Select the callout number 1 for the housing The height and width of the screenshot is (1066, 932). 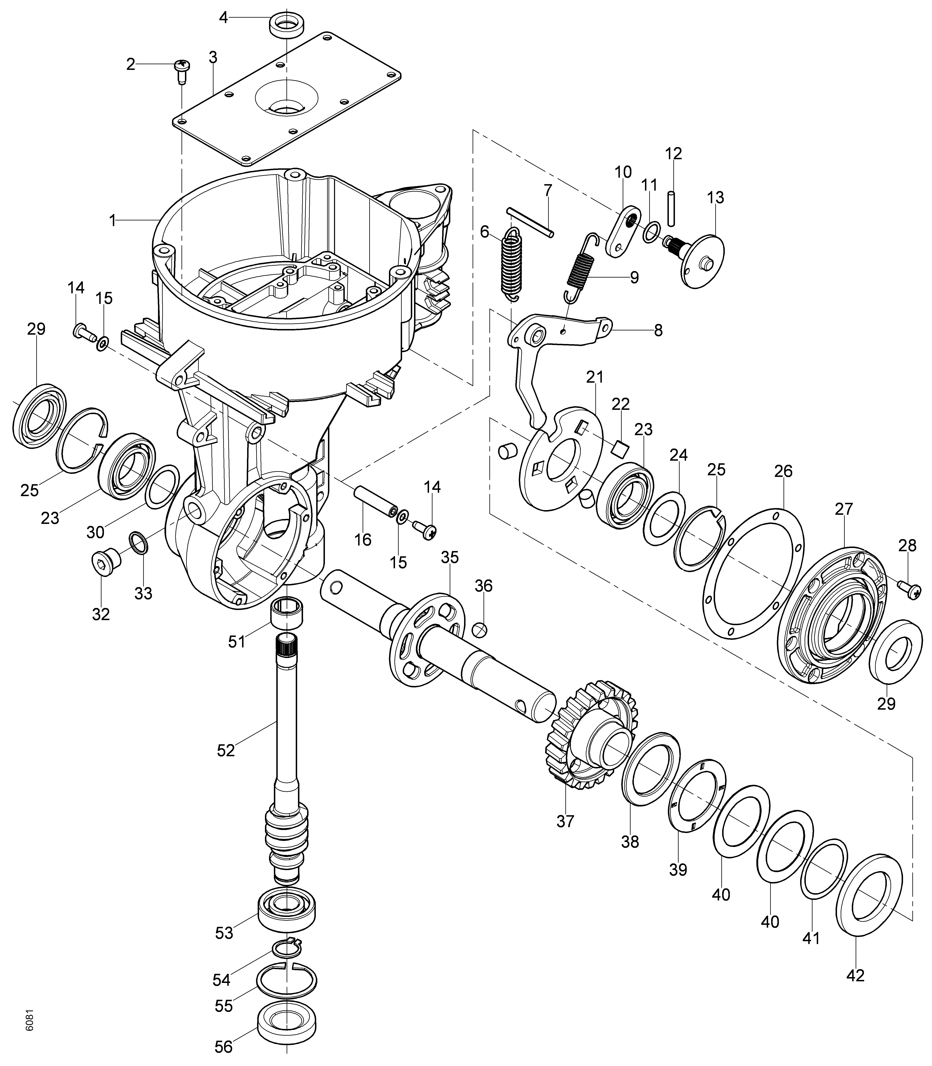(112, 220)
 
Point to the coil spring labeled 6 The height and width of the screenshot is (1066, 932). (512, 265)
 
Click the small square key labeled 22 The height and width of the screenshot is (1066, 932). (620, 447)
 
